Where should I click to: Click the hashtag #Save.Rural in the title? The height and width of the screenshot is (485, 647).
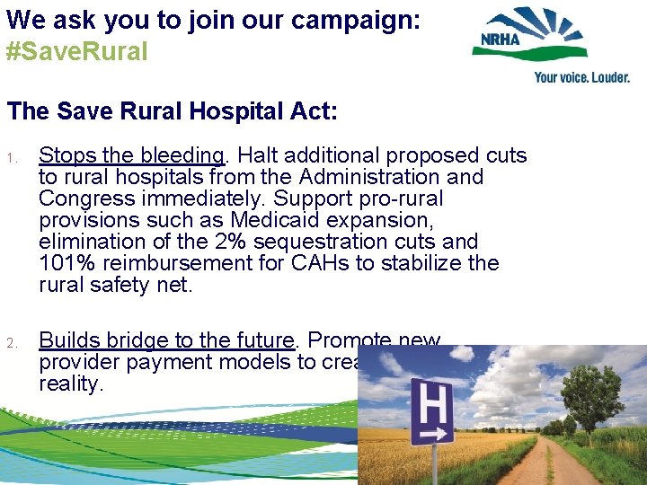[76, 51]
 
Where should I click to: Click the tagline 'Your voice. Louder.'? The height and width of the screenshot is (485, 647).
[581, 77]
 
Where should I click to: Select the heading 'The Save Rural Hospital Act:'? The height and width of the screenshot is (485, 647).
[173, 111]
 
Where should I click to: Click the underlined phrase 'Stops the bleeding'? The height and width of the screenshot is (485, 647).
[131, 155]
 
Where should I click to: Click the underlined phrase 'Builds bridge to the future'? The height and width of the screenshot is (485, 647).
[167, 340]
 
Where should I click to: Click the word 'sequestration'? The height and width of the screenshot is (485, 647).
[313, 242]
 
